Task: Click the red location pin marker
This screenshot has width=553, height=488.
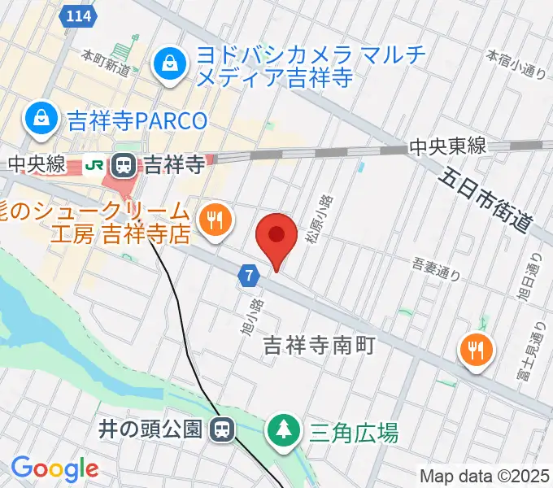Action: click(276, 237)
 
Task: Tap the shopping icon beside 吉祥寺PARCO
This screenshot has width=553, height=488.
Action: click(39, 120)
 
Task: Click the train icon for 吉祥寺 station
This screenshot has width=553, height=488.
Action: click(124, 166)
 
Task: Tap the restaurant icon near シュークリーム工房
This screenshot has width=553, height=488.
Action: click(215, 220)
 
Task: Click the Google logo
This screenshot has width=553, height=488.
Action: click(54, 468)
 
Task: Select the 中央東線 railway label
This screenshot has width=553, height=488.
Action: click(447, 146)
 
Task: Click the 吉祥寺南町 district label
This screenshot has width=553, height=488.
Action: click(319, 346)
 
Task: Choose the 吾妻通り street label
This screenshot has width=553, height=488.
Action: click(437, 269)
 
